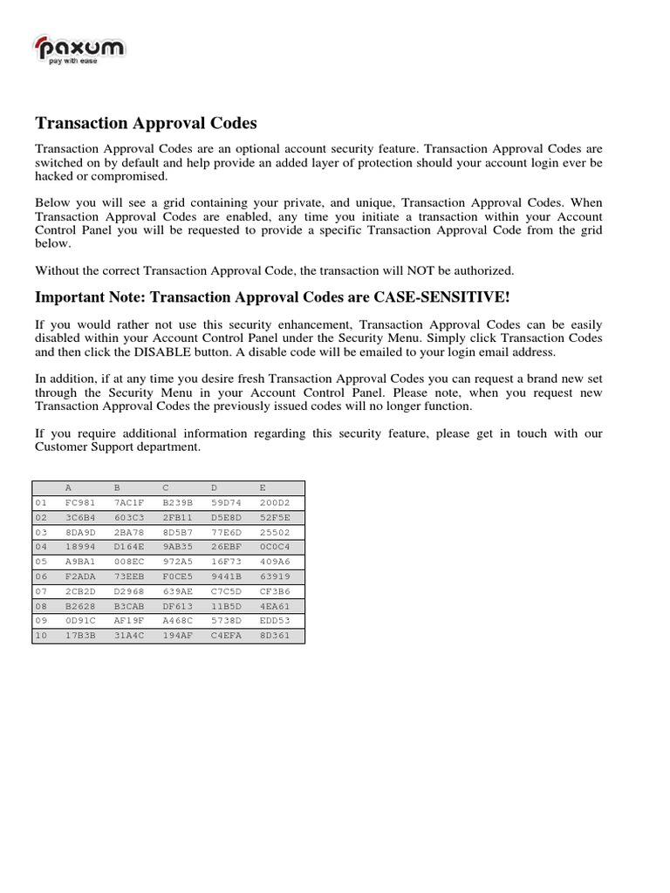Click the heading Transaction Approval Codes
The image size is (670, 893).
[x=146, y=124]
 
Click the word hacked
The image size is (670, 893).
[x=54, y=176]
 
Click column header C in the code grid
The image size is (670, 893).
[x=165, y=488]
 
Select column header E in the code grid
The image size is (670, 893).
[x=263, y=488]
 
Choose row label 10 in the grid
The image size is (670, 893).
[x=40, y=636]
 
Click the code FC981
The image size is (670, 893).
[x=80, y=503]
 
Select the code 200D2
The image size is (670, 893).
[x=275, y=503]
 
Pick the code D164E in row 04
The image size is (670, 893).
[x=129, y=545]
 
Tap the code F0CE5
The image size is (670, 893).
[x=178, y=576]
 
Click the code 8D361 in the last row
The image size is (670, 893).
[x=275, y=636]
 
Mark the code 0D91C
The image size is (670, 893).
[x=80, y=622]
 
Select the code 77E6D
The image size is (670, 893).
[x=227, y=531]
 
